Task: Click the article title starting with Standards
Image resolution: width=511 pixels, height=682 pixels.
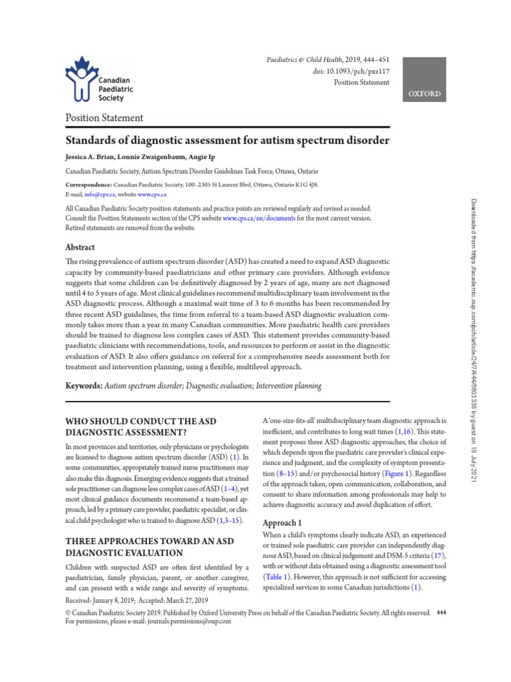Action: coord(226,141)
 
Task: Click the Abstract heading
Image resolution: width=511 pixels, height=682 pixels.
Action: coord(79,246)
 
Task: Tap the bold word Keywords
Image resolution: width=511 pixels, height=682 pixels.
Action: coord(83,386)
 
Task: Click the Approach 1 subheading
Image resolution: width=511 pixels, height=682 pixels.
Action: coord(282,522)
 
